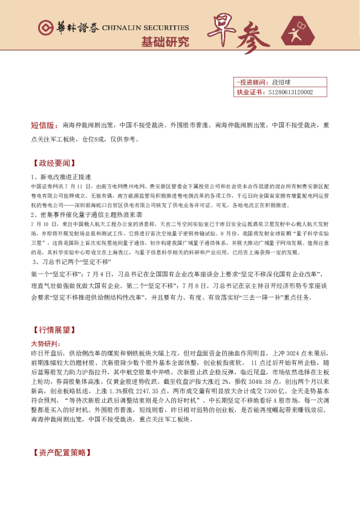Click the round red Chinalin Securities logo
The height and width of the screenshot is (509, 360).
coord(45,28)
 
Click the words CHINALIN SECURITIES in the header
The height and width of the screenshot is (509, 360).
coord(145,28)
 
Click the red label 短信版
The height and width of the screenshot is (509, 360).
coord(44,126)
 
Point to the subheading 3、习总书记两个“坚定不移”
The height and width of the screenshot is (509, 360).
coord(72,262)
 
